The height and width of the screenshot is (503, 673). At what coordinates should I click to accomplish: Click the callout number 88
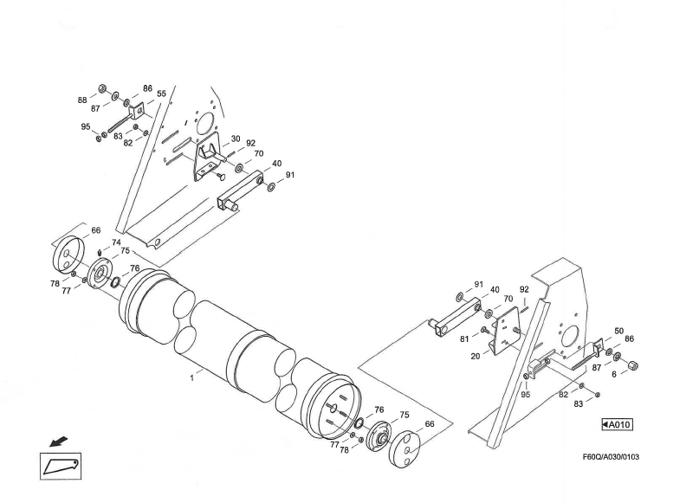82,100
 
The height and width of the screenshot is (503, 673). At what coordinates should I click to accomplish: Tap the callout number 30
235,139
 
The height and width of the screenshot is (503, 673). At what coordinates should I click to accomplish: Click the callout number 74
116,243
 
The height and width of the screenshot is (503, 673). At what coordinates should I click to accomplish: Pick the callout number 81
463,339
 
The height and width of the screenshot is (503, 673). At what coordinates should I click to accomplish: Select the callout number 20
476,356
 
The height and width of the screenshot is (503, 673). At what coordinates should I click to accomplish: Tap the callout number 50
618,331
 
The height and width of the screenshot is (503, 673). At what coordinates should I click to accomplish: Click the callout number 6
615,374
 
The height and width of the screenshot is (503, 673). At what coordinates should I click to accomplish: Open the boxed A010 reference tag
617,425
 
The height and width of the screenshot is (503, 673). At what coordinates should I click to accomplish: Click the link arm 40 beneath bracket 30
238,191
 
